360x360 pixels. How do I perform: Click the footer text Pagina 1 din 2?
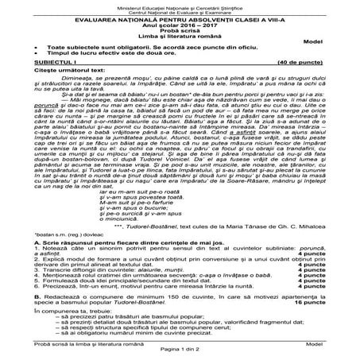tap(180, 355)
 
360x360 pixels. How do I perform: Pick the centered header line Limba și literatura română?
tap(180, 37)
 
